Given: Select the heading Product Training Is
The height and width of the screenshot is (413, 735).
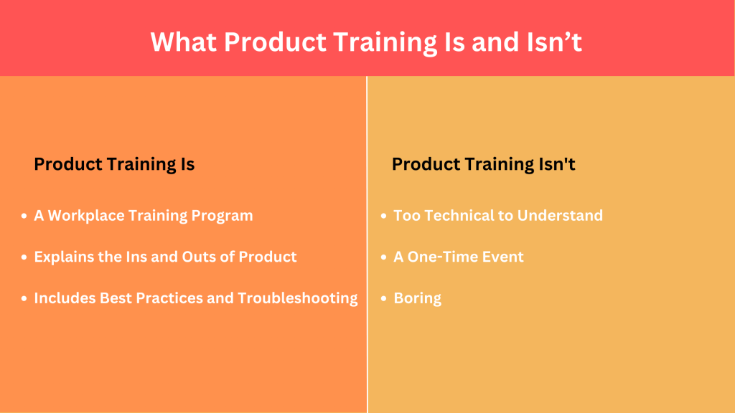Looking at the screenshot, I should pyautogui.click(x=114, y=164).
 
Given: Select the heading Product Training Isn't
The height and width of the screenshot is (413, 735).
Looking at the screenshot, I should pyautogui.click(x=483, y=164).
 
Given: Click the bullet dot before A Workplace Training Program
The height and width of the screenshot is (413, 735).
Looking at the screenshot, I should pyautogui.click(x=25, y=216).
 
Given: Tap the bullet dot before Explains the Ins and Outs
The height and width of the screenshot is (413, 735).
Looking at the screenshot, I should pyautogui.click(x=25, y=257).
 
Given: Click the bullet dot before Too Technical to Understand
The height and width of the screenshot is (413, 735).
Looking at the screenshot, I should pyautogui.click(x=384, y=216).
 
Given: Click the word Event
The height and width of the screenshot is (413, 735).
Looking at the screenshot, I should pyautogui.click(x=504, y=257).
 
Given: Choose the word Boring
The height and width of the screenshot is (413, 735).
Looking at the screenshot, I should pyautogui.click(x=418, y=298).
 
